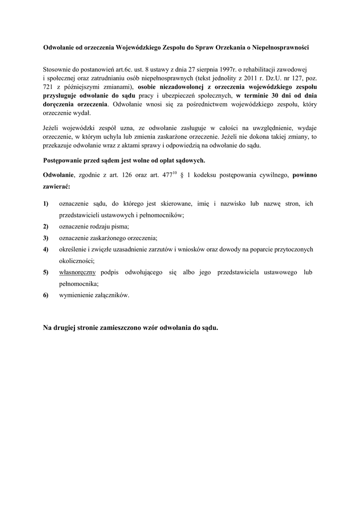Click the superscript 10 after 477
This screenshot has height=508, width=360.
point(175,173)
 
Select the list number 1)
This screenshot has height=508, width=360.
point(46,203)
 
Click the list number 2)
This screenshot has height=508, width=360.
point(46,226)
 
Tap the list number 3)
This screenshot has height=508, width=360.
point(46,238)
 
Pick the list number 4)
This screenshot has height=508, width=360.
point(46,249)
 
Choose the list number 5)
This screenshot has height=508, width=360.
point(46,272)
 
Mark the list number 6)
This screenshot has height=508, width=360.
point(46,295)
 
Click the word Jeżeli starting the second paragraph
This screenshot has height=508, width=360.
point(53,128)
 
